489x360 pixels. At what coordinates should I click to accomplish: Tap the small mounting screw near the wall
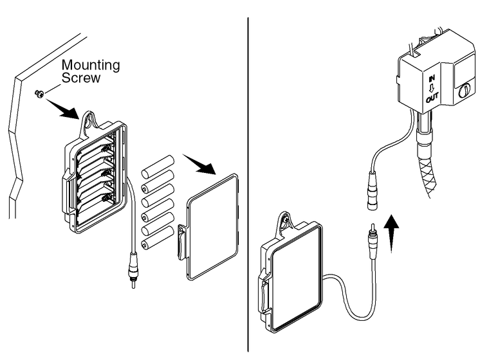pos(39,94)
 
